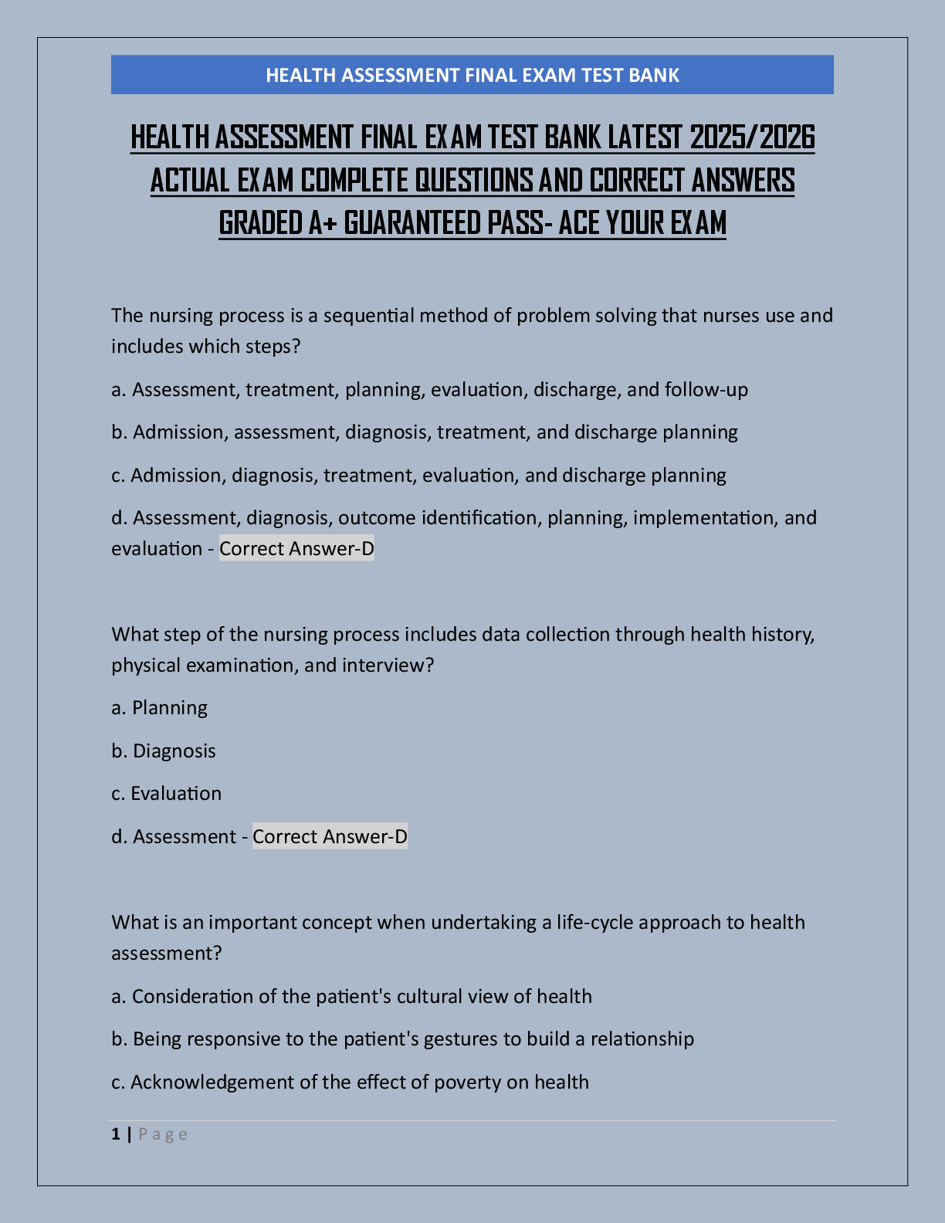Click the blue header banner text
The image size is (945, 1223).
tap(472, 75)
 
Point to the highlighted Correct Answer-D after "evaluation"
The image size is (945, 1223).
tap(296, 549)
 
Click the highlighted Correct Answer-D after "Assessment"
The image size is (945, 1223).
tap(330, 837)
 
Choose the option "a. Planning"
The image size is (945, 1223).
tap(160, 708)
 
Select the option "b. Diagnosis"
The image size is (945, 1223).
tap(164, 751)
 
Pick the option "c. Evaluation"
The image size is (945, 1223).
tap(167, 794)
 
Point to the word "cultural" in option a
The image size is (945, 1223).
tap(428, 997)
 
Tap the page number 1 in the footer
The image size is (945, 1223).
tap(116, 1134)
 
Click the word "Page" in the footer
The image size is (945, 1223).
tap(163, 1134)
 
